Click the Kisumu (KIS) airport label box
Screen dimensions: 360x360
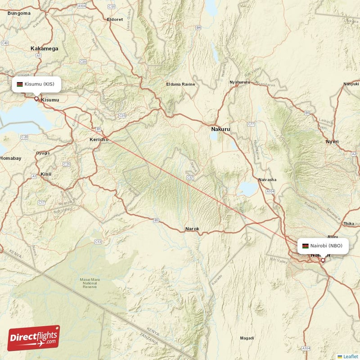pyautogui.click(x=36, y=84)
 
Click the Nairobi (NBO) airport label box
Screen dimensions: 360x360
pyautogui.click(x=323, y=246)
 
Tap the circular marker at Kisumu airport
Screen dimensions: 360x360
pyautogui.click(x=36, y=98)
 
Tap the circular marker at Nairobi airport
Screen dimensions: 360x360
pyautogui.click(x=323, y=260)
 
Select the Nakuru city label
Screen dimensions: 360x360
pyautogui.click(x=220, y=130)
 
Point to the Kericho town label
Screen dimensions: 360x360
pyautogui.click(x=99, y=140)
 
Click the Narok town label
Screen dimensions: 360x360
pyautogui.click(x=192, y=229)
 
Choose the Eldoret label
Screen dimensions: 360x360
pyautogui.click(x=114, y=19)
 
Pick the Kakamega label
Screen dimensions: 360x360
pyautogui.click(x=45, y=48)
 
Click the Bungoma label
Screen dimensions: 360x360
pyautogui.click(x=19, y=13)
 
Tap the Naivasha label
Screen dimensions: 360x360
pyautogui.click(x=267, y=180)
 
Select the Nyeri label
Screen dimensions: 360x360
pyautogui.click(x=332, y=142)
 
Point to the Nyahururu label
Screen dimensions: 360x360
pyautogui.click(x=239, y=82)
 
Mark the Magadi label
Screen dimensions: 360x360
pyautogui.click(x=247, y=338)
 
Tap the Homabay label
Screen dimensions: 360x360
pyautogui.click(x=10, y=158)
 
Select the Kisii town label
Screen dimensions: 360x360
pyautogui.click(x=46, y=174)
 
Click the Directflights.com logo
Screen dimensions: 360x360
pyautogui.click(x=34, y=338)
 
